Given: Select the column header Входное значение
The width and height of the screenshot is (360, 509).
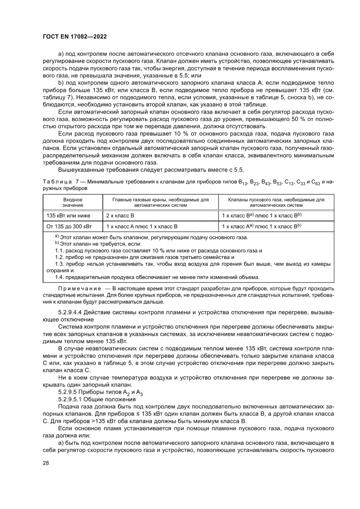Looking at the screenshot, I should (x=72, y=202).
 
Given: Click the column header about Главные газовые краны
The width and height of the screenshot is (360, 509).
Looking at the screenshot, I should (x=161, y=202).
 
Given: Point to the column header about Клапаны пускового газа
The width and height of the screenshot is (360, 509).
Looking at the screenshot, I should (x=276, y=202).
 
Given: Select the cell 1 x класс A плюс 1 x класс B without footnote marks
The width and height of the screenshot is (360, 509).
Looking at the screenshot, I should (x=142, y=226).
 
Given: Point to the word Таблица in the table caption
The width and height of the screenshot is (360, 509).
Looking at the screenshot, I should (x=55, y=181).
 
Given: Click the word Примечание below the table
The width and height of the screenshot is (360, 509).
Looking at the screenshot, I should (x=78, y=289).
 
